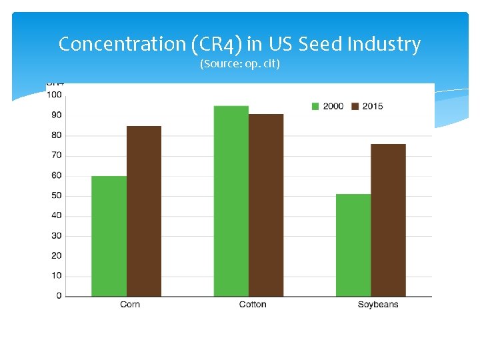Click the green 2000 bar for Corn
(x=109, y=236)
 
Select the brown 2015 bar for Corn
(x=144, y=211)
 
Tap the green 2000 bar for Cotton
(x=231, y=201)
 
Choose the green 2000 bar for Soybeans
(x=353, y=245)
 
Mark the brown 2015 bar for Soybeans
(x=388, y=220)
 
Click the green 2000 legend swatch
(x=316, y=106)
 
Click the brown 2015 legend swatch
(x=355, y=106)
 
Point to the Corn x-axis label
(x=130, y=305)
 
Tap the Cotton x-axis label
(x=253, y=305)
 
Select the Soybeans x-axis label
(x=377, y=305)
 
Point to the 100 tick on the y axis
(x=55, y=95)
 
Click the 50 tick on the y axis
(x=57, y=195)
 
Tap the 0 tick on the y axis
(x=59, y=296)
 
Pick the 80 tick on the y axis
(x=57, y=135)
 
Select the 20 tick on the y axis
(x=57, y=256)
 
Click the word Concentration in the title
(x=121, y=44)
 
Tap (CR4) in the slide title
(x=216, y=45)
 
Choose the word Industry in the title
(x=387, y=45)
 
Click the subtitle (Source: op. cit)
(x=240, y=65)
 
